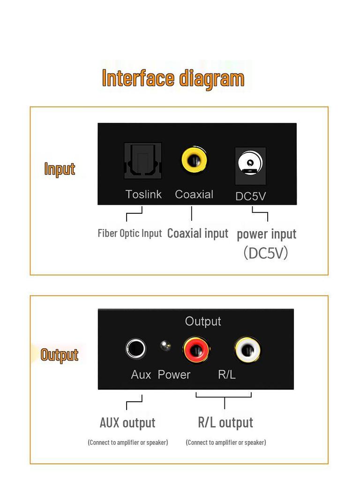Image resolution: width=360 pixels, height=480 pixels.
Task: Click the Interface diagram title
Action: (173, 78)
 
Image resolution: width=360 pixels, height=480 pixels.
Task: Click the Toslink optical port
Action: (143, 161)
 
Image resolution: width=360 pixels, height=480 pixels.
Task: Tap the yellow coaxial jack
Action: (194, 160)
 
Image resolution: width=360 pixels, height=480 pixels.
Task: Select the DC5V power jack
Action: (250, 165)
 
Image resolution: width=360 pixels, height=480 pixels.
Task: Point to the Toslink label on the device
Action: (143, 194)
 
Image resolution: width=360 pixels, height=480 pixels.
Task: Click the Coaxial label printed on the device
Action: (194, 194)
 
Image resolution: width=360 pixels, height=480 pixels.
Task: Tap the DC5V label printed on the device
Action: (250, 196)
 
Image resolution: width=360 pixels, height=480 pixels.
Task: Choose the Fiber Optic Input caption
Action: (130, 233)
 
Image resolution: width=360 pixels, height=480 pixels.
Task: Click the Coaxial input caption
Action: (198, 233)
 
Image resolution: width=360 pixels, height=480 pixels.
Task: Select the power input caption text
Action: (266, 233)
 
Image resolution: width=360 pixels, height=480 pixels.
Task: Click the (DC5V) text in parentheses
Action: (266, 253)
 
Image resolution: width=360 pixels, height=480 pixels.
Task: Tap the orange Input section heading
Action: (60, 169)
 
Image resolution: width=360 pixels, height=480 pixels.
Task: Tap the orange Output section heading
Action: (60, 355)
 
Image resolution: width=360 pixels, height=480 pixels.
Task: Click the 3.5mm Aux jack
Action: (136, 349)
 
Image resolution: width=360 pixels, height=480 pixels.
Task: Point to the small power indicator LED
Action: (165, 346)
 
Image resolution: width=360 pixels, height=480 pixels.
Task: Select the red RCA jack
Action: (196, 350)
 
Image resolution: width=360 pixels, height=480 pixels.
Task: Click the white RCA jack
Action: (247, 350)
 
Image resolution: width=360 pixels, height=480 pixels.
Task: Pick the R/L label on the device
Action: (227, 375)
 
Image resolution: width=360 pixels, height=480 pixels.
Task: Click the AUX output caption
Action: (127, 422)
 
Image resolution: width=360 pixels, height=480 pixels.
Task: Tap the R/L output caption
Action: (225, 422)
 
